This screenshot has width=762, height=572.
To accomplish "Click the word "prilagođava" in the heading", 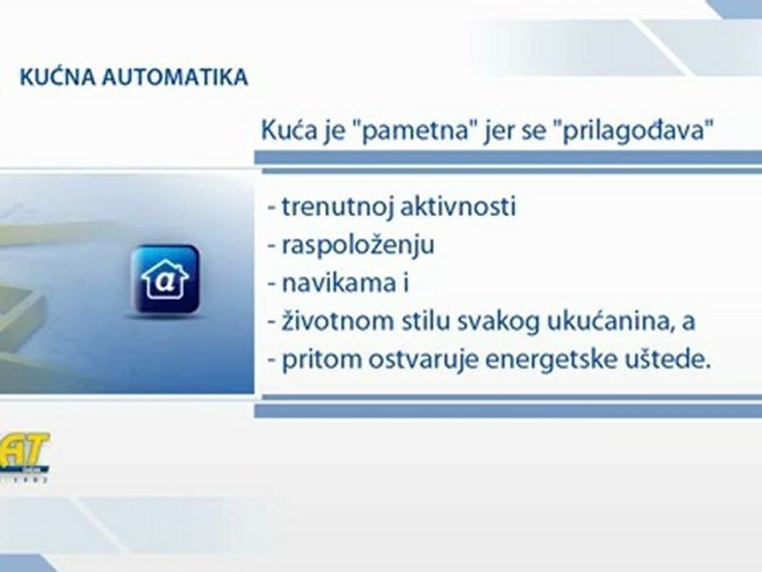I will point(626,130).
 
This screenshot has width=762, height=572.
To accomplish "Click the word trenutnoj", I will point(329,207).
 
